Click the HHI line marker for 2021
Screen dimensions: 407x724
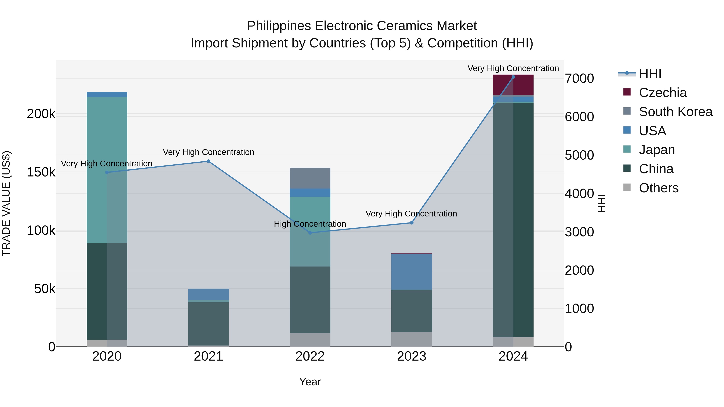pyautogui.click(x=209, y=161)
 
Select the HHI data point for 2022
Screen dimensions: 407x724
pyautogui.click(x=310, y=233)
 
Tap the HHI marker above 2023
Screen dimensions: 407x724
pyautogui.click(x=412, y=223)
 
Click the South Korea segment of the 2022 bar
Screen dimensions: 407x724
pyautogui.click(x=310, y=178)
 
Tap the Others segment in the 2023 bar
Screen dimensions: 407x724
pyautogui.click(x=412, y=339)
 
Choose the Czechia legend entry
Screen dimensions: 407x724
pyautogui.click(x=662, y=93)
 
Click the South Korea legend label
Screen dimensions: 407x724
pyautogui.click(x=675, y=112)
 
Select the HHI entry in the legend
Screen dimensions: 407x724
pyautogui.click(x=650, y=74)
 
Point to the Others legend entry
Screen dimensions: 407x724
pyautogui.click(x=658, y=188)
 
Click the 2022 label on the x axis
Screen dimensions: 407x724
pyautogui.click(x=310, y=356)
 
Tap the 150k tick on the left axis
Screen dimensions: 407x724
pyautogui.click(x=41, y=172)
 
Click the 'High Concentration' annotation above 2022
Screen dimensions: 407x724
pyautogui.click(x=310, y=224)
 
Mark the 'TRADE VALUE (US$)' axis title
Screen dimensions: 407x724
pyautogui.click(x=6, y=203)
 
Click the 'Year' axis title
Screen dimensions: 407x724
pyautogui.click(x=310, y=382)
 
